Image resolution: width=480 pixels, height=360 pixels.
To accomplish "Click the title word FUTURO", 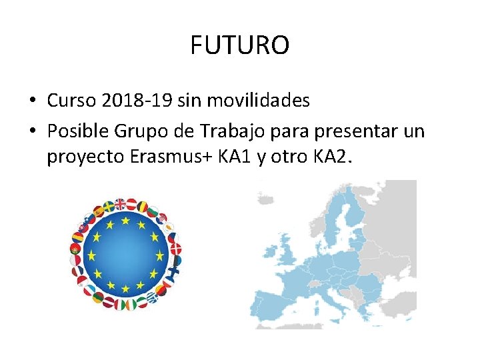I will click(x=239, y=46).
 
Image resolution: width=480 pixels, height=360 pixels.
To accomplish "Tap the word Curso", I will click(x=73, y=101).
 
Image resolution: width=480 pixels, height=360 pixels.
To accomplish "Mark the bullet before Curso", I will click(x=32, y=101).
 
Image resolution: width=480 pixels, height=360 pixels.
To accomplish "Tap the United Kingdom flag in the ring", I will click(x=120, y=204).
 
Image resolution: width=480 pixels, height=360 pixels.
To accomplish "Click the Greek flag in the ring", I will click(x=152, y=299).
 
